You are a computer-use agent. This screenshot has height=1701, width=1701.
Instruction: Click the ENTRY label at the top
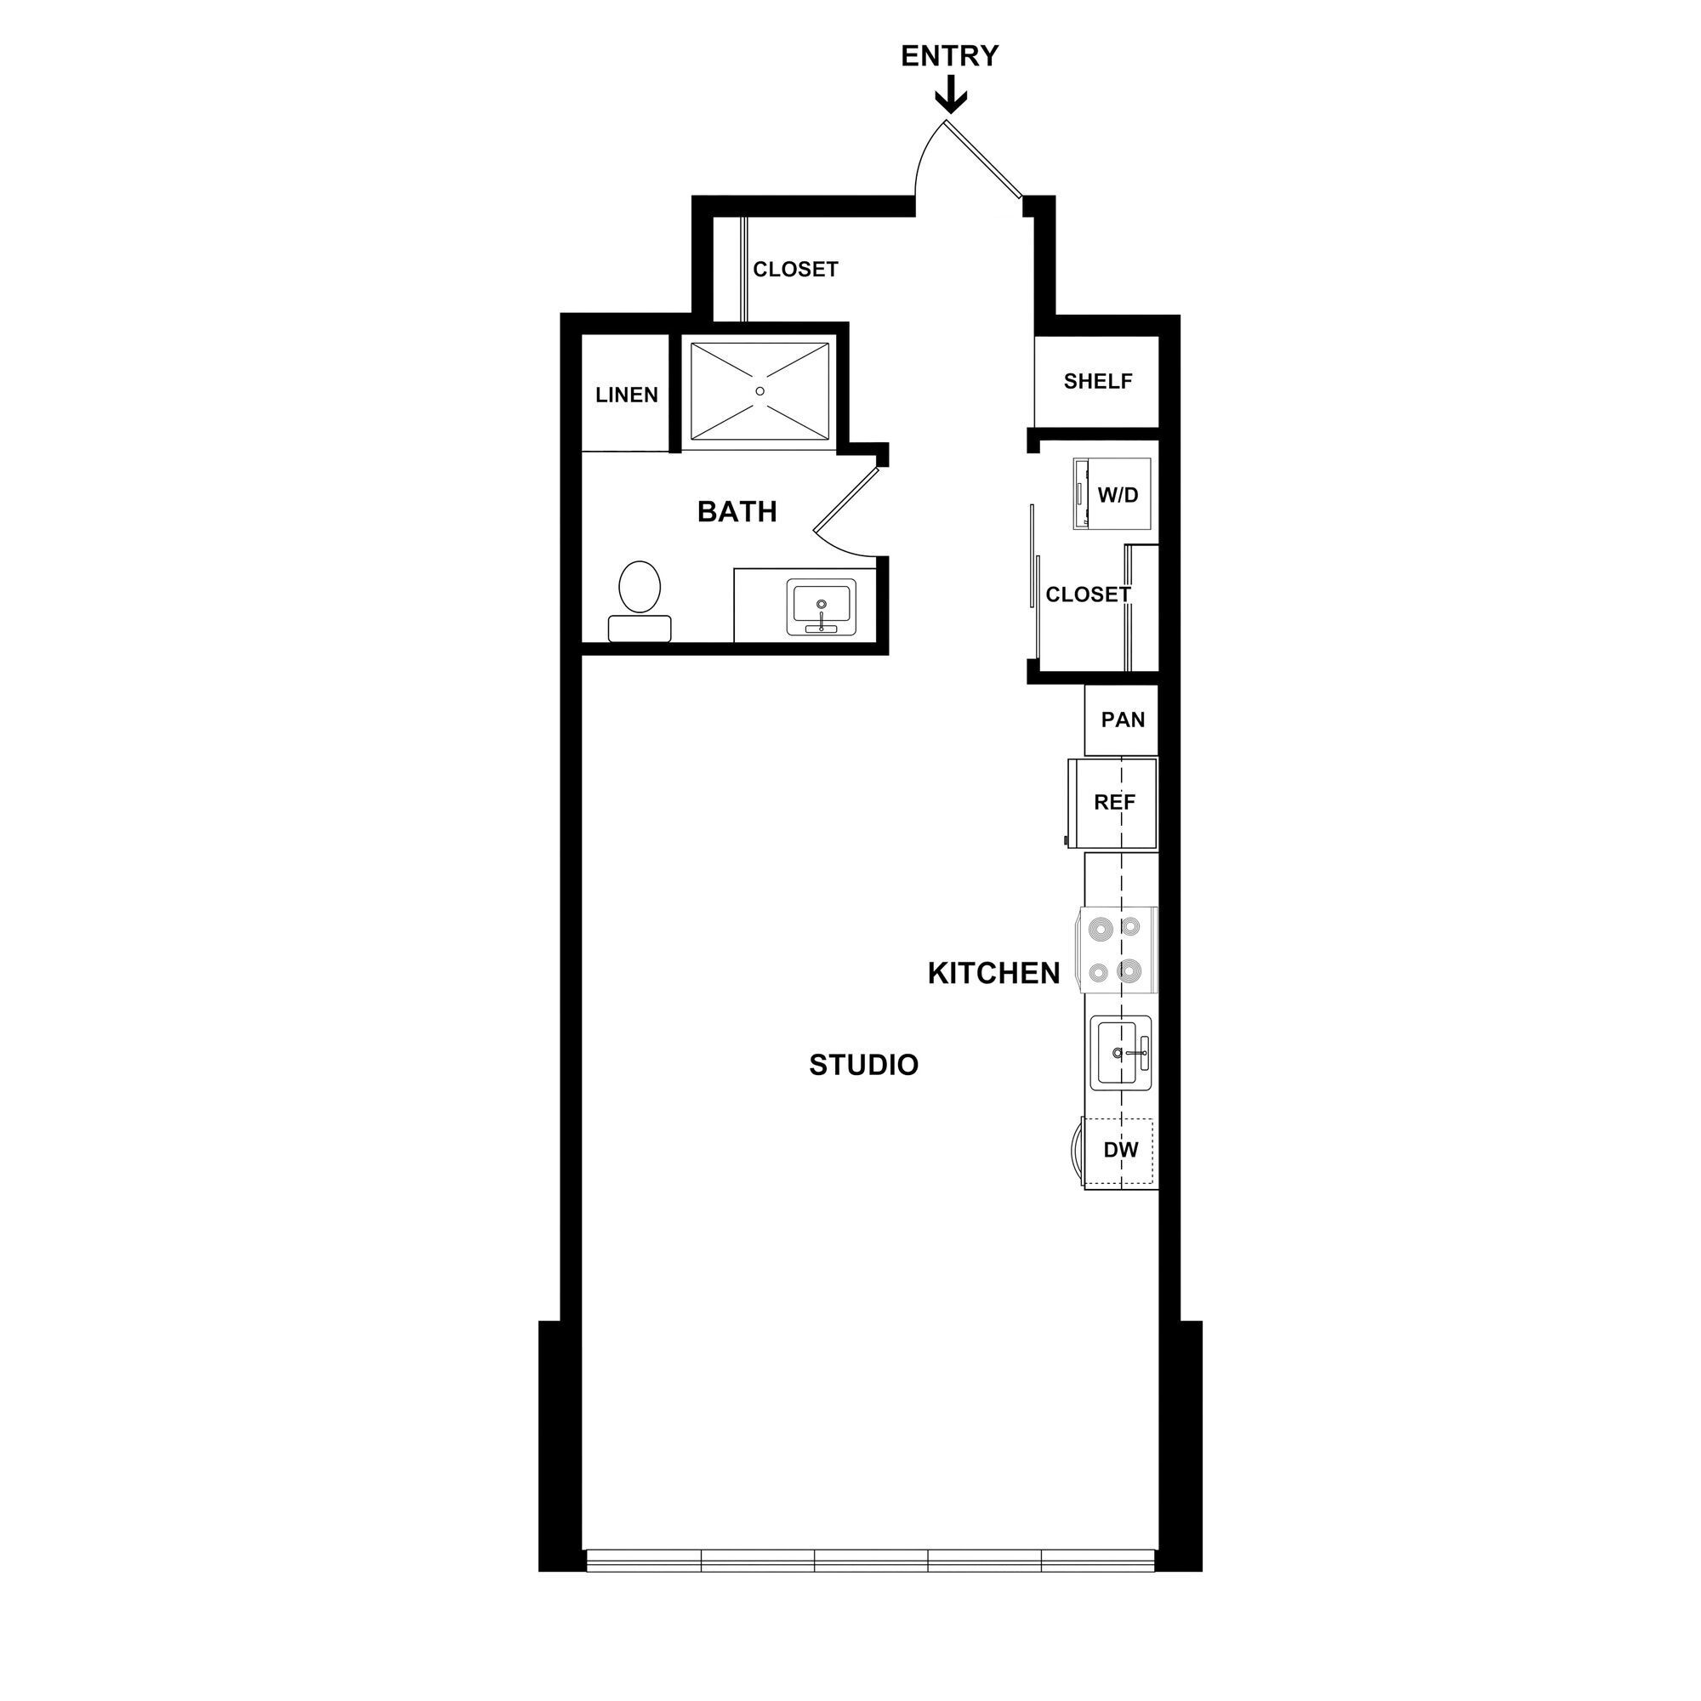pyautogui.click(x=949, y=56)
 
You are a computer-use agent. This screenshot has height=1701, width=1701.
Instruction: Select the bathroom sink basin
pyautogui.click(x=822, y=605)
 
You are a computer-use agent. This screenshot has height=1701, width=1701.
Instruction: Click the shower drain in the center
pyautogui.click(x=759, y=391)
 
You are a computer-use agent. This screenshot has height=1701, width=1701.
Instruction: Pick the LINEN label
pyautogui.click(x=627, y=395)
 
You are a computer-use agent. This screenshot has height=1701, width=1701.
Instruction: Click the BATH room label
pyautogui.click(x=737, y=511)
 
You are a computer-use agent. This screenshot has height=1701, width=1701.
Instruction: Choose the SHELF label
pyautogui.click(x=1098, y=381)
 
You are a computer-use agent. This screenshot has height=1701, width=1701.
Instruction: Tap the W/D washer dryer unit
pyautogui.click(x=1112, y=494)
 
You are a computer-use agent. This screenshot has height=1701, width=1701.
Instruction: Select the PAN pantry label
pyautogui.click(x=1123, y=720)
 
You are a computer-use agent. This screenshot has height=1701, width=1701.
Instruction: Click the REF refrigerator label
pyautogui.click(x=1115, y=802)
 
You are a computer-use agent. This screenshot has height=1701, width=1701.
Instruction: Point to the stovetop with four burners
pyautogui.click(x=1115, y=949)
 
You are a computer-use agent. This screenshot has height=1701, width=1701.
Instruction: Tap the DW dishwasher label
pyautogui.click(x=1121, y=1150)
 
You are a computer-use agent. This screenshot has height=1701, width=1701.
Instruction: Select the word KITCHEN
pyautogui.click(x=994, y=974)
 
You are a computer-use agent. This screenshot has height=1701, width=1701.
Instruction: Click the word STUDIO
pyautogui.click(x=864, y=1066)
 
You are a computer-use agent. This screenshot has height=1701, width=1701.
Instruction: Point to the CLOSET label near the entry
pyautogui.click(x=795, y=270)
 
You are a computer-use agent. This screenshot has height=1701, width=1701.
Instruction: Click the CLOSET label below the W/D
pyautogui.click(x=1087, y=595)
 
